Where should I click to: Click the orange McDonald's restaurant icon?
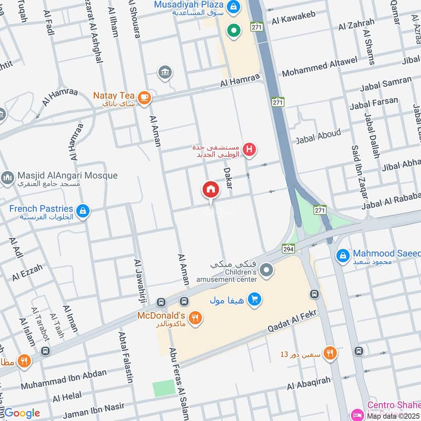click(195, 318)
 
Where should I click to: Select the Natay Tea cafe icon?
click(144, 97)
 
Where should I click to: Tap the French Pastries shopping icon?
click(83, 212)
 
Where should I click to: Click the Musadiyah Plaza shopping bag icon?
click(235, 7)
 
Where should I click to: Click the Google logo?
click(21, 413)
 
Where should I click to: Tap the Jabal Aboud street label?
click(318, 136)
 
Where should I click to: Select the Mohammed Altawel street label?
click(319, 67)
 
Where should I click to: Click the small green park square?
click(164, 389)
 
